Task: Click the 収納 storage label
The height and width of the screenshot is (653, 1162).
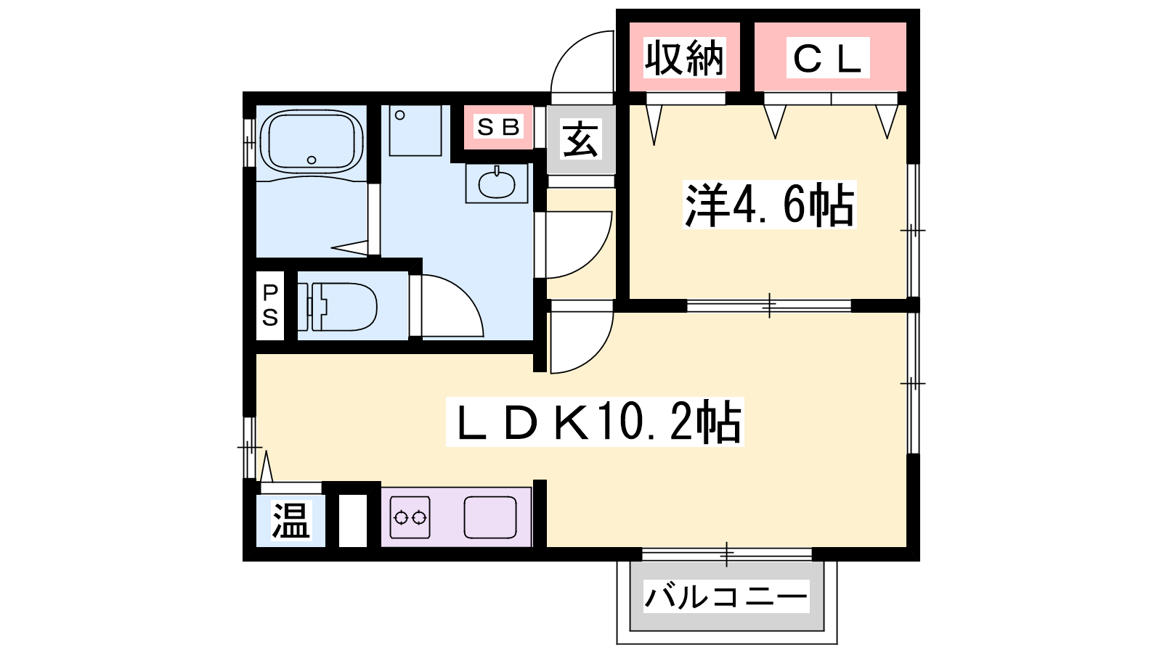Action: [683, 57]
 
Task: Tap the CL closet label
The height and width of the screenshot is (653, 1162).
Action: [827, 57]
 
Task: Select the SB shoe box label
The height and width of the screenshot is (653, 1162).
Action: [498, 127]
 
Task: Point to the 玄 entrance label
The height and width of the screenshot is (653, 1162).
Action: [580, 139]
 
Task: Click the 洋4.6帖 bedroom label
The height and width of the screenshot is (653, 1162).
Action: [769, 205]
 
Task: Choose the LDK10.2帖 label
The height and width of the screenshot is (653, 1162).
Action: [595, 422]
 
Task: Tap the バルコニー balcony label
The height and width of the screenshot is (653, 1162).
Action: [726, 596]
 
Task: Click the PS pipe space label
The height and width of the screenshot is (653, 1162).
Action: [269, 305]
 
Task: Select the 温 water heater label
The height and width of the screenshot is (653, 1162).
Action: [290, 520]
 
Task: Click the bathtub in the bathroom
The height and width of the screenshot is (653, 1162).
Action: [311, 142]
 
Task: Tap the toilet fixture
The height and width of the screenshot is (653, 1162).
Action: [337, 307]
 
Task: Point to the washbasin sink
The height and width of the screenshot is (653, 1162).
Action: [497, 184]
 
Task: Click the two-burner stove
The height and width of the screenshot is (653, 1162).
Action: [410, 517]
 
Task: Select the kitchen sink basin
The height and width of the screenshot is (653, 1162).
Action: [489, 517]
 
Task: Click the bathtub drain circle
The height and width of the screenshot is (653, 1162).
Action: [312, 160]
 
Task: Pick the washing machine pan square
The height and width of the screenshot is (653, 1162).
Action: [415, 130]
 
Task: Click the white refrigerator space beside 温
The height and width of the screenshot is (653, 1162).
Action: [353, 520]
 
